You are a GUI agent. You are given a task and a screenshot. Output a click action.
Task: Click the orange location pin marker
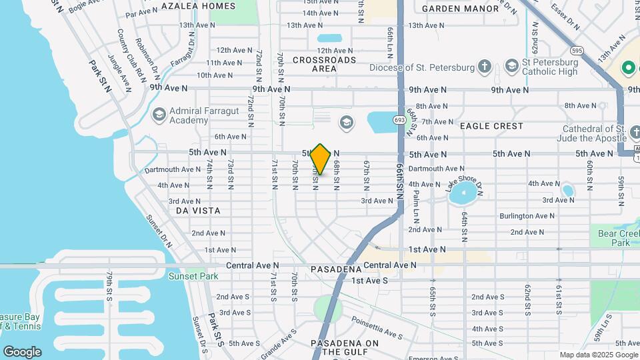pos(321,159)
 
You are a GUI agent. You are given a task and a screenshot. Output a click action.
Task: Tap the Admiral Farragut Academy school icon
pos(159,115)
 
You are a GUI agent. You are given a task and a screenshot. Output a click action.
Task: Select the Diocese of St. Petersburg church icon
pos(485,67)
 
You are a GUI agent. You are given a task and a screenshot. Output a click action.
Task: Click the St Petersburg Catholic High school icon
pos(511,65)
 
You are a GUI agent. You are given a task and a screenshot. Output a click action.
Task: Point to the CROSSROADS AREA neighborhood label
pos(324,64)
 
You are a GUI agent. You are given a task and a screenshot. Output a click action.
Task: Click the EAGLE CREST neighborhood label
pos(492,126)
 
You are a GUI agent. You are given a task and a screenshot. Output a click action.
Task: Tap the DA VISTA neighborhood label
pos(198,210)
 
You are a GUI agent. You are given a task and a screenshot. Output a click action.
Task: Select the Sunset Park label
pos(193,276)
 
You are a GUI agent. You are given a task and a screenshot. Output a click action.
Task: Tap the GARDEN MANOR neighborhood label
pos(459,9)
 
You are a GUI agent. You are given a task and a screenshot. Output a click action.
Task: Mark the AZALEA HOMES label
pos(198,6)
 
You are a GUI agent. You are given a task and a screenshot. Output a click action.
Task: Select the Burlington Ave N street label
pos(527,216)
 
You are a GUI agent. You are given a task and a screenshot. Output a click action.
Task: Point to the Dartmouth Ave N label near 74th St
pos(172,169)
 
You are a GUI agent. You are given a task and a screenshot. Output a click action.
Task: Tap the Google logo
pos(22,351)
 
